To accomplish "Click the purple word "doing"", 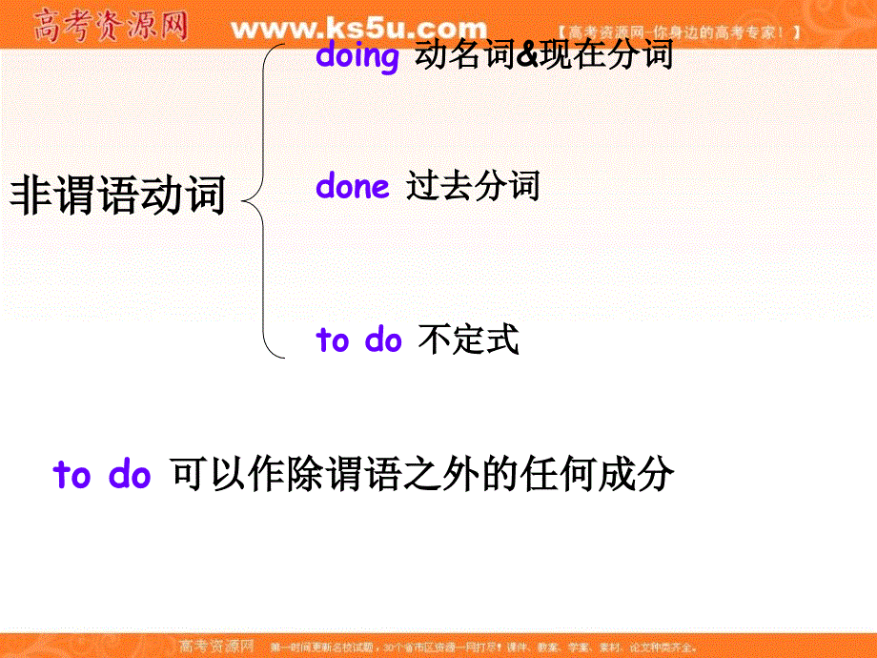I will pos(357,56).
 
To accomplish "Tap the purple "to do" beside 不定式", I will pos(358,340).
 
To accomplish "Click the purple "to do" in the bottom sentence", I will pos(102,474).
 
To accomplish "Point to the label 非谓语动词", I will pos(117,196).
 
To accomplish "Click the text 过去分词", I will pos(473,185).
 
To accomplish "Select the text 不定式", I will pos(469,339).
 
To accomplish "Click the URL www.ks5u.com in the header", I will pos(358,28).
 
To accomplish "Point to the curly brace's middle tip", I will pos(246,201).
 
